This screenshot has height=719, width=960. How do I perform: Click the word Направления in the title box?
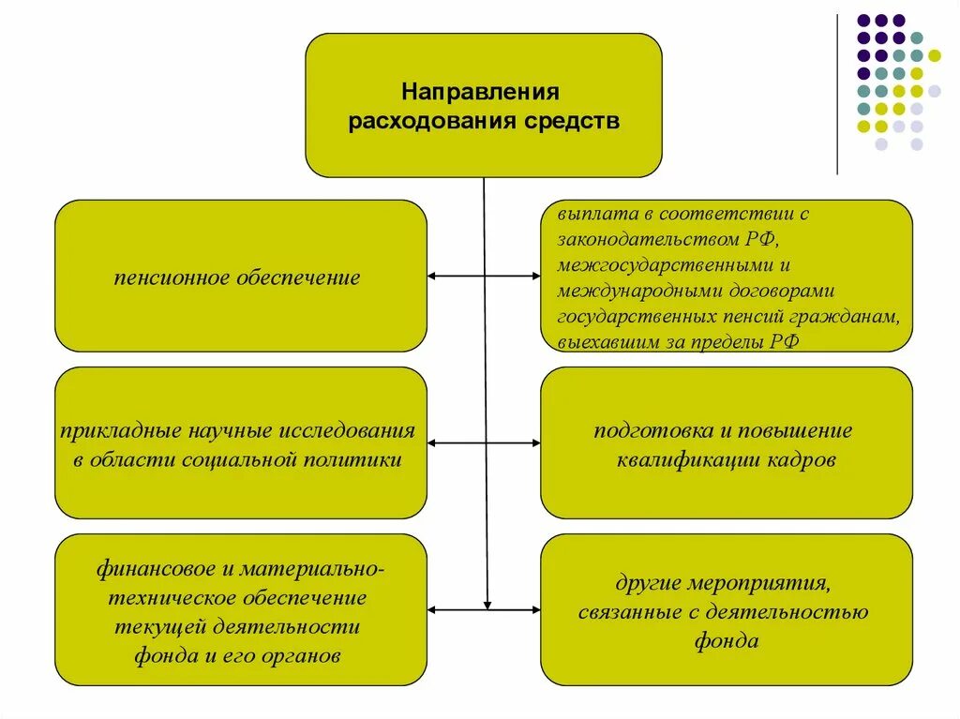(481, 93)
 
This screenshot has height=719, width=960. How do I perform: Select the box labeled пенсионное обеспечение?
(240, 276)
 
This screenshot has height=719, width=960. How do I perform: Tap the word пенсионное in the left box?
(178, 278)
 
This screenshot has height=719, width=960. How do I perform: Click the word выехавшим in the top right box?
(597, 343)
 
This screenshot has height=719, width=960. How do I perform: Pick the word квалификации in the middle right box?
(685, 460)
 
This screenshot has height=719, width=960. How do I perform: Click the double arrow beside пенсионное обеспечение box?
(484, 277)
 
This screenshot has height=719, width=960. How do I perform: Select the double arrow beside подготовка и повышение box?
(484, 442)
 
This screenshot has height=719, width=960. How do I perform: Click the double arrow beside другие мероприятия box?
(484, 610)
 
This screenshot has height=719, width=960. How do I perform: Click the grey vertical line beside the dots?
(837, 94)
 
